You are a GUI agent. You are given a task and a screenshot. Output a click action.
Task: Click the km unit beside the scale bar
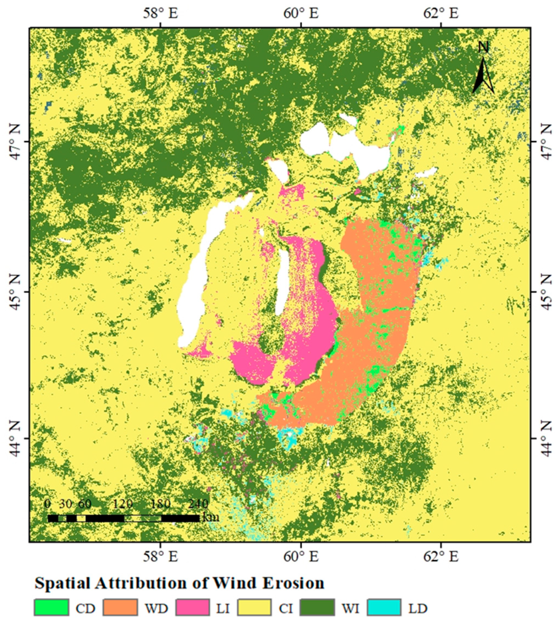tap(211, 517)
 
